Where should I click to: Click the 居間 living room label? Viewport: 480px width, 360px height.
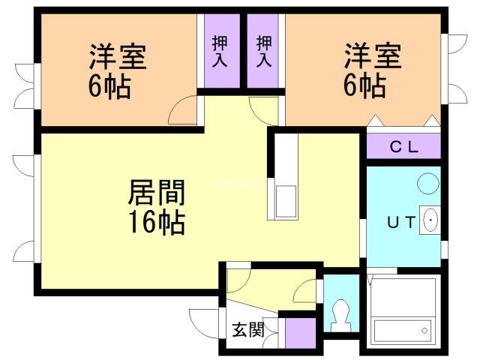point(157,193)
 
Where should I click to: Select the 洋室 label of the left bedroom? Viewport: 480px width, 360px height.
point(118,57)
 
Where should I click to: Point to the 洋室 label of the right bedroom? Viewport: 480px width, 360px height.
point(373,56)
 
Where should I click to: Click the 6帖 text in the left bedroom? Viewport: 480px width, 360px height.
point(109,85)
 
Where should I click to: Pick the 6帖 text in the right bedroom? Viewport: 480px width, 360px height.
point(364,85)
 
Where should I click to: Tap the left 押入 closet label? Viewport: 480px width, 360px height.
point(220,51)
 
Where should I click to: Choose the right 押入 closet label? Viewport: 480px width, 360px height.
point(264,51)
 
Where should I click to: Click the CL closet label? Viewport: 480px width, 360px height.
point(404,147)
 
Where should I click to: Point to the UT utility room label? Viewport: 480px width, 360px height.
point(401,222)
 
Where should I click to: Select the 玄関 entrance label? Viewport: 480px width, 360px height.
point(248,330)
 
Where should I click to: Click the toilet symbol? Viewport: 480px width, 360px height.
point(341,315)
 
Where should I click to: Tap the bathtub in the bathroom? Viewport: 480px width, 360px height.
point(403,313)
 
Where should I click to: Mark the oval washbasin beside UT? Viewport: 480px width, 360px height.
point(430,220)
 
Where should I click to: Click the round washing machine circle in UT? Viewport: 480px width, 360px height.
point(428,183)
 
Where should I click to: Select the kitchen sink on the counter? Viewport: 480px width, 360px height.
point(286,202)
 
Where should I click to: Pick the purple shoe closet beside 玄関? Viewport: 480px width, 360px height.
point(300,333)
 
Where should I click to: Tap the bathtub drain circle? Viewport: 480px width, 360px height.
point(424,331)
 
